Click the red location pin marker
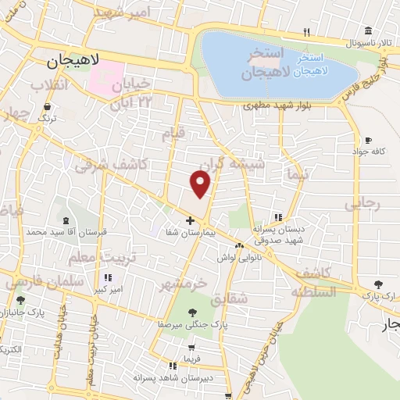coord(201,184)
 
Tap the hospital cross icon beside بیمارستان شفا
coord(190,220)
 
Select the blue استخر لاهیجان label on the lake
coord(316,65)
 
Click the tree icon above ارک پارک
coord(379,284)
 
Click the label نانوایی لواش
coord(237,257)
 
